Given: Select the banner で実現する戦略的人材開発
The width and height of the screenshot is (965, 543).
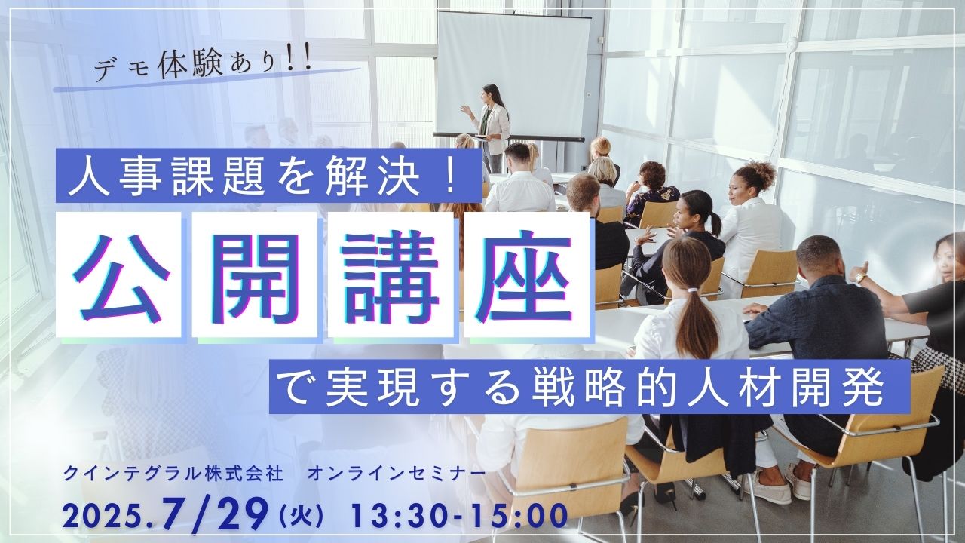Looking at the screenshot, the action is coord(590,387).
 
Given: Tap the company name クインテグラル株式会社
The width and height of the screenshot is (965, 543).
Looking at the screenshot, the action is coord(173,474).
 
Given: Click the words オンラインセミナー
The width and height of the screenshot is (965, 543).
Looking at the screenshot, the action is coord(397,474).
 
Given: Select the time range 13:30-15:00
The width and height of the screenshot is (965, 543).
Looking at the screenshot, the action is coord(458,516).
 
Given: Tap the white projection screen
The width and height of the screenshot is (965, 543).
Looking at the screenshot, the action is coord(513,73).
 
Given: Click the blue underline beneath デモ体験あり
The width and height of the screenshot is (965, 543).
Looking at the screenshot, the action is coord(207,79).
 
